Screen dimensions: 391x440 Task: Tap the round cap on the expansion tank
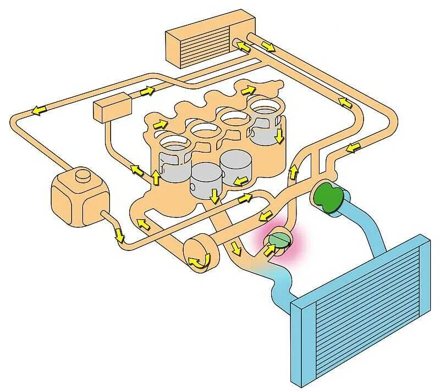[82, 177]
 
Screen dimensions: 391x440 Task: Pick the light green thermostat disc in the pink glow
[280, 239]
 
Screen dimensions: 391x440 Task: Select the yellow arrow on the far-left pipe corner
[38, 110]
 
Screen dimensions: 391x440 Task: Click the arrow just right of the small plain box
[147, 91]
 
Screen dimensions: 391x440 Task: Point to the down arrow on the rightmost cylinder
[280, 135]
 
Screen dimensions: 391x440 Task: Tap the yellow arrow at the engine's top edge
[249, 88]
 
